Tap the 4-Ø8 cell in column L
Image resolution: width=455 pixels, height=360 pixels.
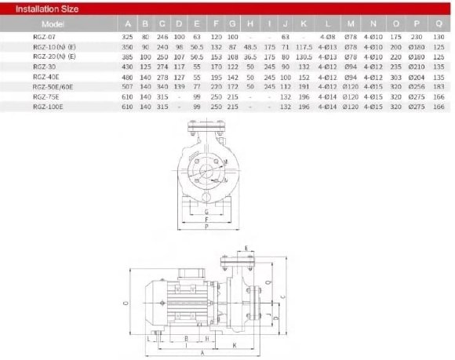pyautogui.click(x=327, y=37)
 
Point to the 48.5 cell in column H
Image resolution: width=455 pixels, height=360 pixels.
pyautogui.click(x=249, y=46)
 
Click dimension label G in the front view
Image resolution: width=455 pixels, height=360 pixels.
pyautogui.click(x=205, y=213)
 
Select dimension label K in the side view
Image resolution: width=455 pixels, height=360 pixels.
pyautogui.click(x=234, y=344)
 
